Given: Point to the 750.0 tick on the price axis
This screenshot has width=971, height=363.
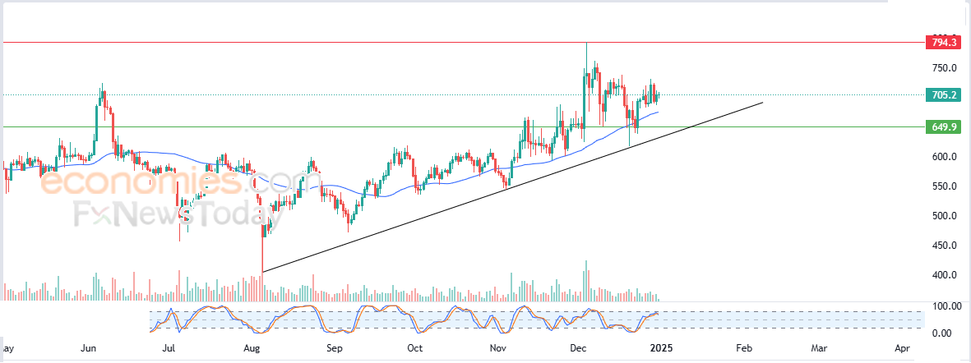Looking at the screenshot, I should point(943,68).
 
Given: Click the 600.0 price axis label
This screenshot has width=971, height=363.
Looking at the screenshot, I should point(943,157).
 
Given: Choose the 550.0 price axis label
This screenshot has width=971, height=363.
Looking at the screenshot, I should point(943,186).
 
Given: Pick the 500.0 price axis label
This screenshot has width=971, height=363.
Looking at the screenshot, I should point(943,216).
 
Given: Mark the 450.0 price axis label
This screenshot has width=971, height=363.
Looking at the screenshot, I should point(943,246).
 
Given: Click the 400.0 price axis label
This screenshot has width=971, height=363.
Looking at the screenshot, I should point(943,275).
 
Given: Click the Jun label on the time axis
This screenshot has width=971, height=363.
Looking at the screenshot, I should point(91,348).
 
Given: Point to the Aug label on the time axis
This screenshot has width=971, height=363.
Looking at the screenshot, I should point(253,348).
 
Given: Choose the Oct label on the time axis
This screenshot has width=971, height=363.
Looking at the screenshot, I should point(415,348).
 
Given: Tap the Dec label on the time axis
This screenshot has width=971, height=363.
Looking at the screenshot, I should point(577,348).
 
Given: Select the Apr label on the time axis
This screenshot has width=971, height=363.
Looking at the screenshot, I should point(902,348).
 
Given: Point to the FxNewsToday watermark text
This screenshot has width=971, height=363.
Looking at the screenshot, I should point(173,215).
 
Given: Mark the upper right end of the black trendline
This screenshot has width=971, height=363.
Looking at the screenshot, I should point(763,102).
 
